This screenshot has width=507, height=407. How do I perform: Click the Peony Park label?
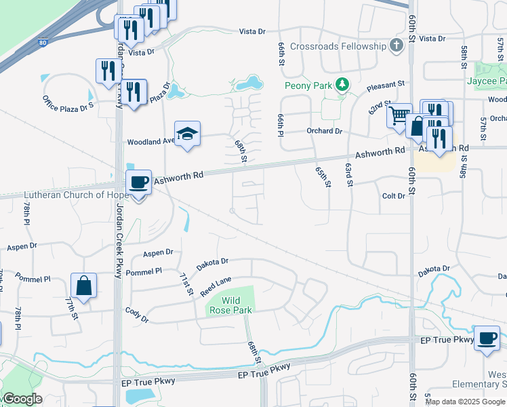[309, 85]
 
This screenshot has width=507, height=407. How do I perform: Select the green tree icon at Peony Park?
[343, 85]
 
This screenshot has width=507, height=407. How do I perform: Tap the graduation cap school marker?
[187, 133]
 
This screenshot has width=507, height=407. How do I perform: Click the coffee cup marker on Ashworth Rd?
[139, 182]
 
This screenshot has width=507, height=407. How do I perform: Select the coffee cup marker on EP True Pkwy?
[486, 338]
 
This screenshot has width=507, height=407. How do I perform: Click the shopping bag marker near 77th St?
[83, 286]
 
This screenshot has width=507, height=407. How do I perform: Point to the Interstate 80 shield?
[43, 42]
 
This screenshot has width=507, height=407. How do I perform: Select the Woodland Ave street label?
[150, 142]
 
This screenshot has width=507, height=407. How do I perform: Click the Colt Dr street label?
[393, 195]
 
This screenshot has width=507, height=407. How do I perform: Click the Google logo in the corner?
[22, 399]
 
